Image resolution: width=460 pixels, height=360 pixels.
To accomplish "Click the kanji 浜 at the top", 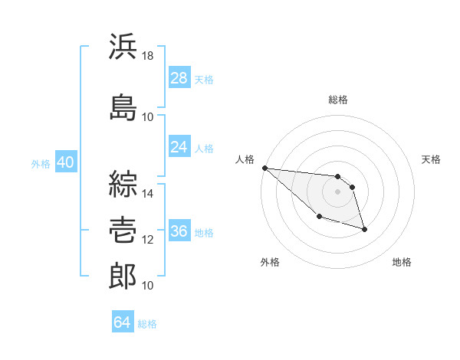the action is point(123,46).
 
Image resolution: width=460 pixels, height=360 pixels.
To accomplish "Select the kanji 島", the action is point(123,107).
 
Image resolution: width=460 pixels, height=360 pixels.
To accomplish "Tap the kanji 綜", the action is point(123,184).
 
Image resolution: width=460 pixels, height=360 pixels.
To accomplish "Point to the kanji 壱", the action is point(123,230).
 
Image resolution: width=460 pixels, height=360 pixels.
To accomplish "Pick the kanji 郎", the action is point(123,276).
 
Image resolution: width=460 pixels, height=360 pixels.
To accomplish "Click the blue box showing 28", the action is point(179,77).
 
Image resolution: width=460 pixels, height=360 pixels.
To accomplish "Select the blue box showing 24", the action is point(179,146).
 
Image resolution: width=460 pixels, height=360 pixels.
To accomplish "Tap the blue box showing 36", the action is point(179,230).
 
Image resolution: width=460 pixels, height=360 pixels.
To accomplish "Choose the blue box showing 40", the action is point(66,162).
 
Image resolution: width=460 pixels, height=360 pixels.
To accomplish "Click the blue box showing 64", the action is point(123,321).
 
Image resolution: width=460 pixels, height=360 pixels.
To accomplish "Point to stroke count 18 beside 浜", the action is point(147,56).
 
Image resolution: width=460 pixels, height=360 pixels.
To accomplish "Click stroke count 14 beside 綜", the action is point(147,194).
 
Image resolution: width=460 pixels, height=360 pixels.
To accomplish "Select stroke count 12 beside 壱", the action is point(147,240).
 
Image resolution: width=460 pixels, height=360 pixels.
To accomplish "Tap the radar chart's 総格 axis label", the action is point(338,100).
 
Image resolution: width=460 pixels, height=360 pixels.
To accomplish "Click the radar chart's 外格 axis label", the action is point(270,262).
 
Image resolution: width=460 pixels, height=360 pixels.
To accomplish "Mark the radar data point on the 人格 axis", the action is point(265,168).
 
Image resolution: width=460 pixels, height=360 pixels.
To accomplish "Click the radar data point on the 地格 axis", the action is point(364,230).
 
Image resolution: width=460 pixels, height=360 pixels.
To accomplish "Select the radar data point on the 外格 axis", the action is point(320,216).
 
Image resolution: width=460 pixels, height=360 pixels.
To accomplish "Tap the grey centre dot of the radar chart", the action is point(337,191).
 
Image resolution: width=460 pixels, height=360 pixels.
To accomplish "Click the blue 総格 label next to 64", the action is point(147,324).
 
